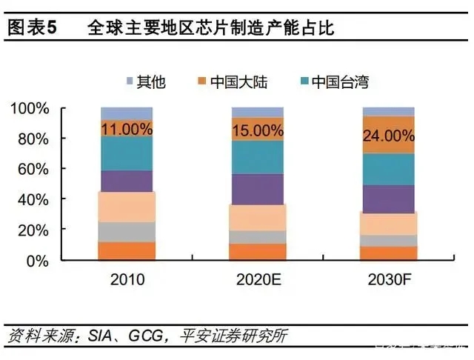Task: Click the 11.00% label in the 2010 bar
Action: [x=127, y=129]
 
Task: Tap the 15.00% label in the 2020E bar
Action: [x=257, y=130]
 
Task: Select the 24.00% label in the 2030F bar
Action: [x=388, y=136]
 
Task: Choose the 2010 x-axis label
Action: [x=127, y=280]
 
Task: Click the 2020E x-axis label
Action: [x=257, y=280]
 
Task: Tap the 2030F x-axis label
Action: [x=388, y=280]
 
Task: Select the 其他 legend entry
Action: [x=145, y=81]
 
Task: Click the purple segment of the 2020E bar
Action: [x=257, y=189]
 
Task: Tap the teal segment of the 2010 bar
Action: [x=127, y=153]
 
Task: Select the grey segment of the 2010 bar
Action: [x=127, y=232]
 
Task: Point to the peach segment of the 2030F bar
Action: [x=388, y=223]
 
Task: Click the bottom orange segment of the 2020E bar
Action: [x=257, y=252]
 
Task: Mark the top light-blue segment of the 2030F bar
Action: [x=388, y=111]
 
